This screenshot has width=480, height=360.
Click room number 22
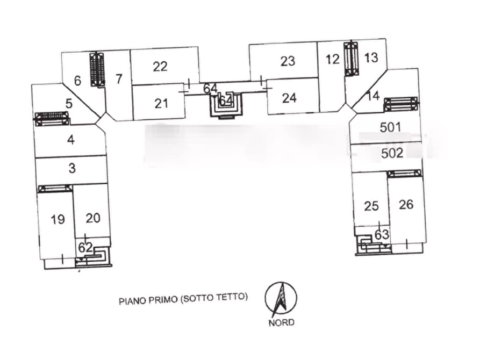coord(160,67)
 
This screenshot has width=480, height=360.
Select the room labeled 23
coord(288,61)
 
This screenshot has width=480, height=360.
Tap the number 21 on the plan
coord(161,104)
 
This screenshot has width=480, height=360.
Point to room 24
coord(289,98)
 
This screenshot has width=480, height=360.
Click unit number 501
coord(390,127)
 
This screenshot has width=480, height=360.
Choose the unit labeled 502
coord(392,153)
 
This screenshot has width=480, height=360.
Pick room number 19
coord(58,219)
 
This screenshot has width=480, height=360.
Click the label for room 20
coord(93,218)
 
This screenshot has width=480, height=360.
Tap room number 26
coord(406,205)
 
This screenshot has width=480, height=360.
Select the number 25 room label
coord(371,206)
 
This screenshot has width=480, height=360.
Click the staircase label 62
coord(85,247)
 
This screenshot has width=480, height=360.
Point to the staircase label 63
coord(382,235)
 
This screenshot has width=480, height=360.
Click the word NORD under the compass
coord(281,322)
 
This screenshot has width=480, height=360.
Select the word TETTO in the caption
coord(232,297)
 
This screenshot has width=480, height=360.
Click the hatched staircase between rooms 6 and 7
coord(97,70)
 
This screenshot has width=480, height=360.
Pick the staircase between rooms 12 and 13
coord(352,59)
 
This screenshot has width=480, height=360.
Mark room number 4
coord(71,140)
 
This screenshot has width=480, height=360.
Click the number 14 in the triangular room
coord(373,96)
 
